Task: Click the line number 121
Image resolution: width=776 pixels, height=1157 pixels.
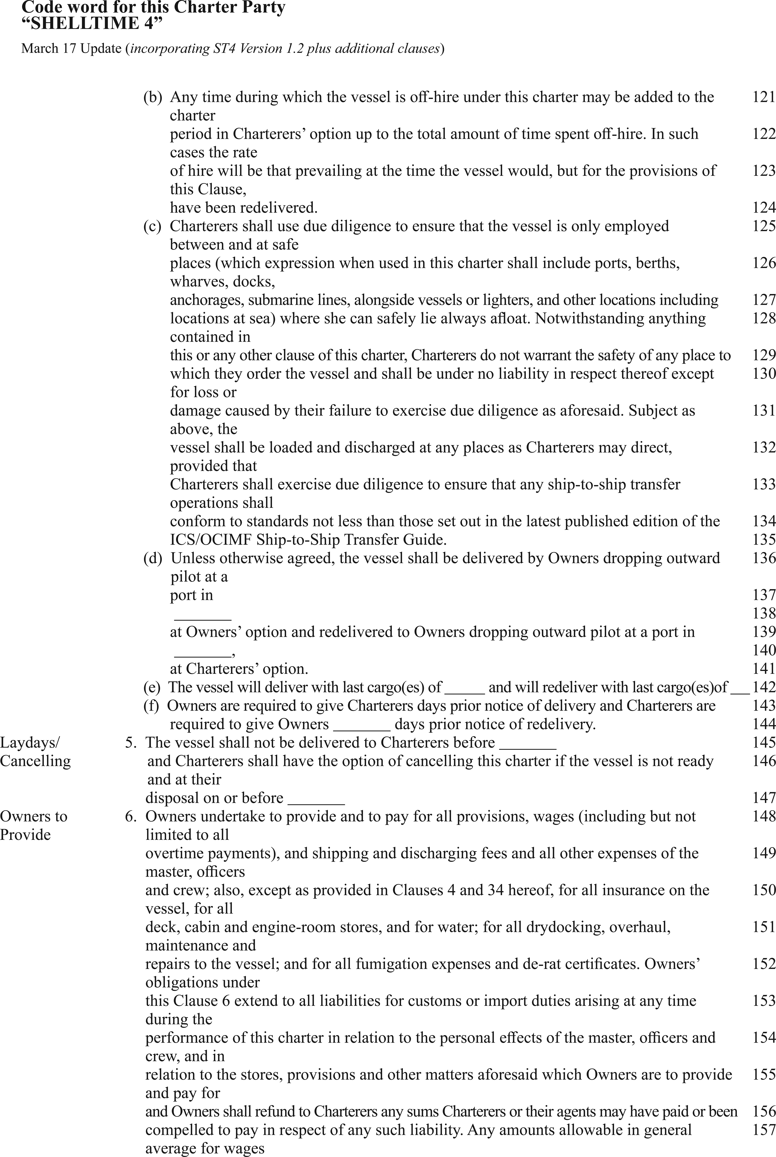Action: coord(764,97)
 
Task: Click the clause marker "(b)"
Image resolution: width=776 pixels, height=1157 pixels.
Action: coord(152,97)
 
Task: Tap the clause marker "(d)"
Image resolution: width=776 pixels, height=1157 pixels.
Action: coord(152,558)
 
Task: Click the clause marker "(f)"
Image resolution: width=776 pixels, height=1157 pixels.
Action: coord(151,706)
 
